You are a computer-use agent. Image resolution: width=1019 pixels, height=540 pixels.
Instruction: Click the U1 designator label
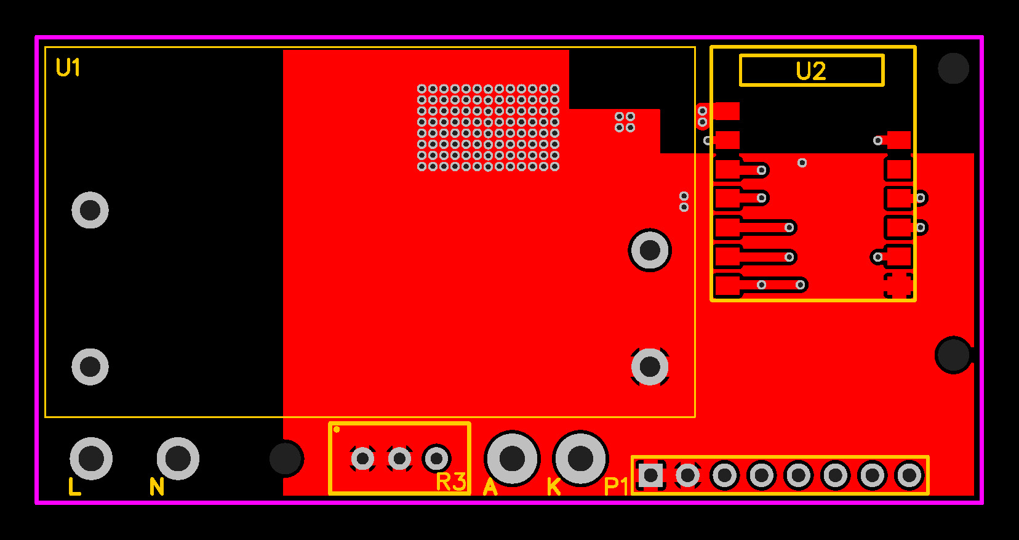(68, 68)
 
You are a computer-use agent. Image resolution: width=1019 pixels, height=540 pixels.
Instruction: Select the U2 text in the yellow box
(811, 71)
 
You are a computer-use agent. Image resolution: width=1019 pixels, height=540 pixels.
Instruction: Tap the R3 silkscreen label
(450, 482)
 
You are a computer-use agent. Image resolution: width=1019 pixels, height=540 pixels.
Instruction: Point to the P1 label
(616, 486)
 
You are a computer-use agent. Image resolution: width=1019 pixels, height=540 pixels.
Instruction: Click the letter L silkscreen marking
(74, 486)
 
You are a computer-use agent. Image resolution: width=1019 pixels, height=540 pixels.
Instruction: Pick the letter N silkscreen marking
(157, 487)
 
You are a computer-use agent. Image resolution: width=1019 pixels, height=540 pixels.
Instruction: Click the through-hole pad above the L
(91, 458)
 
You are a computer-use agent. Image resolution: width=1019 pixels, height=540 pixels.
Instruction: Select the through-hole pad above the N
(178, 458)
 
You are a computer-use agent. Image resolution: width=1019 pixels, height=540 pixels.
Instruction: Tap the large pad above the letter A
(512, 458)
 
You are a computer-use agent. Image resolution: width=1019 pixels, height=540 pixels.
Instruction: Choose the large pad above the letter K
(580, 458)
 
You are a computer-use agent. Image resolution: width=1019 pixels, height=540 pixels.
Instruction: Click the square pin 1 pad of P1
(650, 475)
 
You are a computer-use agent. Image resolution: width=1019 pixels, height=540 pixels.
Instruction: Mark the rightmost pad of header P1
(909, 475)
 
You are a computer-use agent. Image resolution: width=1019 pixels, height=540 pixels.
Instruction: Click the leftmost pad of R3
(362, 459)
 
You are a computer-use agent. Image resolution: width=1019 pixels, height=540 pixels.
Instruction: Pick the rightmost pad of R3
(436, 459)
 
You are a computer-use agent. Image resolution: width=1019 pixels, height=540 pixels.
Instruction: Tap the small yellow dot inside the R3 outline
(337, 429)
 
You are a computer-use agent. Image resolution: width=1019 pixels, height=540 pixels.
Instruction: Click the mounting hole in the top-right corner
(953, 68)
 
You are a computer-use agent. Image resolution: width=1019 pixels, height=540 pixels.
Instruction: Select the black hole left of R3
(286, 458)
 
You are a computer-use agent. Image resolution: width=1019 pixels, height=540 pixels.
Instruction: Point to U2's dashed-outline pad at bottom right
(898, 285)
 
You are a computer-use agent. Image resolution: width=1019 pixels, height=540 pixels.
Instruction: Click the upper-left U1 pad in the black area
(90, 210)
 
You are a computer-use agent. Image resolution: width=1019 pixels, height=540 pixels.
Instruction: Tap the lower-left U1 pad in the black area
(90, 366)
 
